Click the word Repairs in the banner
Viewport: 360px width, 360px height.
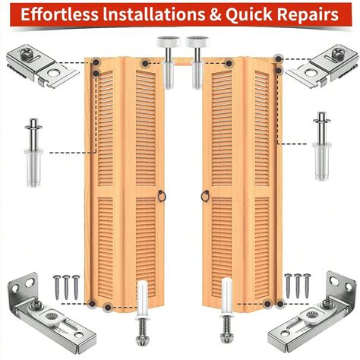click(x=313, y=15)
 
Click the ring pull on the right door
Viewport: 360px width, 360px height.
click(x=204, y=197)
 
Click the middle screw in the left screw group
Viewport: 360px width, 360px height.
click(x=66, y=286)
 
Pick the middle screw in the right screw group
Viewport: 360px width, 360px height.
click(x=296, y=286)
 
